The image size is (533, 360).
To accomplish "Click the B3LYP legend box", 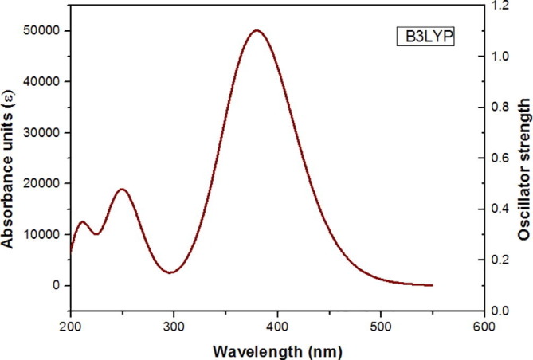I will pos(426,37).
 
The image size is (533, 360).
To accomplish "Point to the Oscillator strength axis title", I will pos(523,158).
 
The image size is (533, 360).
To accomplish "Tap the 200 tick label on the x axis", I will pos(71,325).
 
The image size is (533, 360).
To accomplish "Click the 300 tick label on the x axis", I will pos(174,325).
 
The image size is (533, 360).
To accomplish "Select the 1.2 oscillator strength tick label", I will pos(500,6).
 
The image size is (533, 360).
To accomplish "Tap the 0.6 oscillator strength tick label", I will pos(500,158).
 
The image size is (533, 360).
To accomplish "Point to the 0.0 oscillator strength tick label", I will pos(500,311).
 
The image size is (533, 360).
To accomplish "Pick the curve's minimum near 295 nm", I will pos(170,272).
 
